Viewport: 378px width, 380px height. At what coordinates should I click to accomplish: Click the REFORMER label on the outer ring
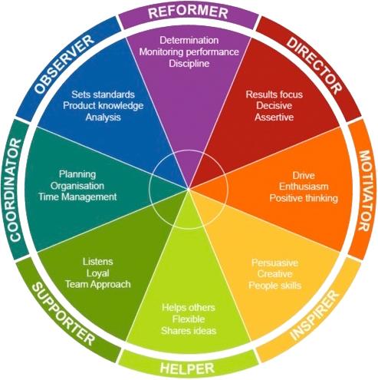[188, 12]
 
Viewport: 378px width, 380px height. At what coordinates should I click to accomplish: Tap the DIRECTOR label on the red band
[314, 65]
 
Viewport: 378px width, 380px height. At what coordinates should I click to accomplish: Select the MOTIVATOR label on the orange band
[365, 190]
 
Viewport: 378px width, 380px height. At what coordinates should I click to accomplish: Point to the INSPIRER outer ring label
[314, 316]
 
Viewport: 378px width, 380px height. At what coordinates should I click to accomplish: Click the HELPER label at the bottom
[187, 368]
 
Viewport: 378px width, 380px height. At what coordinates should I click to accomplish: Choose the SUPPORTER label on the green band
[64, 314]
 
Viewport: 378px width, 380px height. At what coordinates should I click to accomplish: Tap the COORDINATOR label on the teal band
[15, 190]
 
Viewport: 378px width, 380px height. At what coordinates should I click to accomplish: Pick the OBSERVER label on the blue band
[64, 64]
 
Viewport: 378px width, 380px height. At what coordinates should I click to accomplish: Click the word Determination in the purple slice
[189, 40]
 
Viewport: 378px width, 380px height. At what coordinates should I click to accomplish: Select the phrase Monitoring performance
[189, 51]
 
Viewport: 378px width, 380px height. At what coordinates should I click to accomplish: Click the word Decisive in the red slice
[274, 105]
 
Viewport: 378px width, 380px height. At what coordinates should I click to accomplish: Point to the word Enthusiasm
[304, 187]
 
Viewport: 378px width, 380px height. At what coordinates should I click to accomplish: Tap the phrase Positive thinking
[304, 198]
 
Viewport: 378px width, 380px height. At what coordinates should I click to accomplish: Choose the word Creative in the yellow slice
[274, 274]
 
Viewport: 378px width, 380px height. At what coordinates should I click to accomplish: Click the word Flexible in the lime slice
[189, 319]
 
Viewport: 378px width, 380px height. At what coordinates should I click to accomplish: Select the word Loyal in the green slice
[97, 273]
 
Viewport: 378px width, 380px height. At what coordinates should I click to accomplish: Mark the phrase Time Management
[77, 197]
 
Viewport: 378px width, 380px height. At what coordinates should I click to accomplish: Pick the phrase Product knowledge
[103, 105]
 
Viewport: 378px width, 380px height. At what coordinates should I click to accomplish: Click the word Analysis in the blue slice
[103, 117]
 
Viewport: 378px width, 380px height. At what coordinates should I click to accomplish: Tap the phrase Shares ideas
[189, 331]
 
